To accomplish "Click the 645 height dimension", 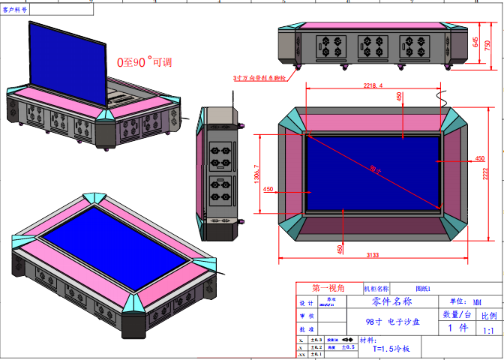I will tap(475, 42).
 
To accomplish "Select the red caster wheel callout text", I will tap(260, 77).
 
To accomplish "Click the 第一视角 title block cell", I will tap(328, 288).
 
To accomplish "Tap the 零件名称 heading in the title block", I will tap(391, 301).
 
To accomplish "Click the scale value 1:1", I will tap(487, 330).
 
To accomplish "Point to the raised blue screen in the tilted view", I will tap(65, 60).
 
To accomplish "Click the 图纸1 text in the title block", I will tap(423, 288).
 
